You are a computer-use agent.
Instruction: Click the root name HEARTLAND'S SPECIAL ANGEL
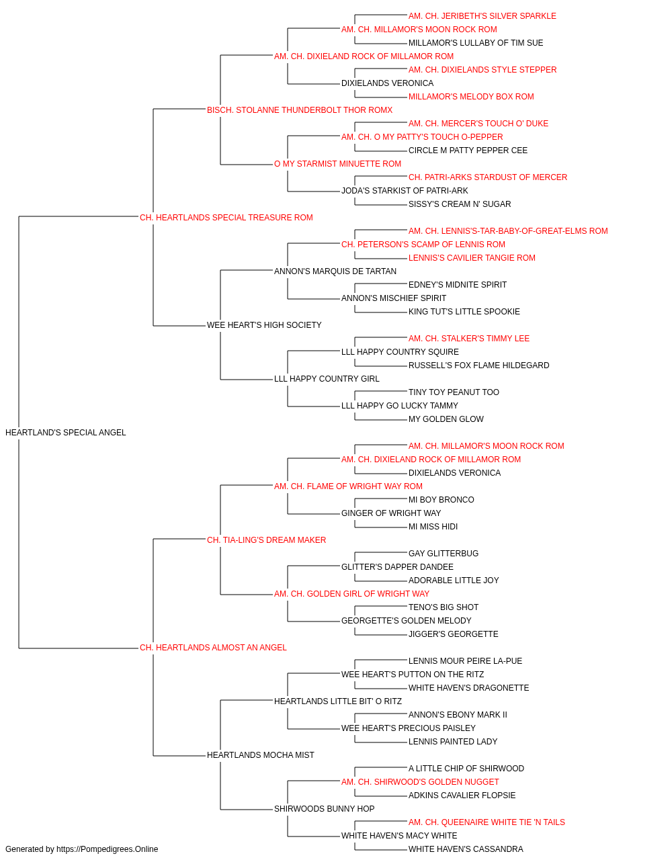click(x=66, y=433)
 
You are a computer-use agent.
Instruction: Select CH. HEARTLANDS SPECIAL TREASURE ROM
click(x=226, y=218)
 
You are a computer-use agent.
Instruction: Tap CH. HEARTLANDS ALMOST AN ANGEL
click(x=213, y=648)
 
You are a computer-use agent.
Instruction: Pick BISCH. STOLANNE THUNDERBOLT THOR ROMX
click(x=300, y=110)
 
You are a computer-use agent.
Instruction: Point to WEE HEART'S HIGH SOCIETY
click(x=264, y=325)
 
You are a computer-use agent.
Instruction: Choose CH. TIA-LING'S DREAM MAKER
click(x=266, y=540)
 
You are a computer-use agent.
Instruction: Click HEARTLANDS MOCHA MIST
click(x=261, y=755)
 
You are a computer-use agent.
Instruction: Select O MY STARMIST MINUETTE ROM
click(x=337, y=164)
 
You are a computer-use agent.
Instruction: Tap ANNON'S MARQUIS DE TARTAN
click(x=335, y=271)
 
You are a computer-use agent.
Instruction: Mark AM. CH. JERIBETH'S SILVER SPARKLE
click(x=482, y=16)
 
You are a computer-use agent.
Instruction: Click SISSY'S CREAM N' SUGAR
click(x=460, y=204)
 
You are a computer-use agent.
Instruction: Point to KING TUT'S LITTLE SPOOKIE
click(x=464, y=312)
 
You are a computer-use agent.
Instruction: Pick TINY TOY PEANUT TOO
click(x=454, y=392)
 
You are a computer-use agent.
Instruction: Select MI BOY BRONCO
click(x=442, y=500)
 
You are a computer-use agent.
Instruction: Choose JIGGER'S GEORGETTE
click(x=453, y=634)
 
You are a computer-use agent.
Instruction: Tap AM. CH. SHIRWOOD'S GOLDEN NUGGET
click(x=420, y=782)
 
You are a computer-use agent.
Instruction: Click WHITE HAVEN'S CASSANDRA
click(x=466, y=849)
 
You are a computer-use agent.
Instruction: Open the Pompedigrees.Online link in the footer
click(x=108, y=849)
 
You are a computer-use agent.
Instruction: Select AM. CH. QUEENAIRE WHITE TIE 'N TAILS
click(x=487, y=822)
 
